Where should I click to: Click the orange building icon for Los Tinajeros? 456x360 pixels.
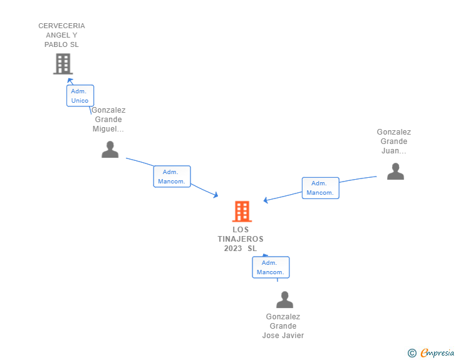(242, 212)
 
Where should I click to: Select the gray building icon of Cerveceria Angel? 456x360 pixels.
(62, 63)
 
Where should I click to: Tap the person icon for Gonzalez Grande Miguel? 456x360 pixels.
(110, 150)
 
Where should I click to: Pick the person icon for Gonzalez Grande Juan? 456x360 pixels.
(395, 171)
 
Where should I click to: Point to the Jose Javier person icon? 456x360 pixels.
(284, 300)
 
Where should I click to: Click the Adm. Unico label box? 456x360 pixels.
(80, 96)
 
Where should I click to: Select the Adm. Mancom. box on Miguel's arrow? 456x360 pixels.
(172, 177)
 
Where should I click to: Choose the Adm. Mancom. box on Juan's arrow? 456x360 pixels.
(320, 188)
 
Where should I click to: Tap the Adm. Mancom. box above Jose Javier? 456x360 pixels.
(271, 267)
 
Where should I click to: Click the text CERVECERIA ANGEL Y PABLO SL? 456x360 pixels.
(61, 35)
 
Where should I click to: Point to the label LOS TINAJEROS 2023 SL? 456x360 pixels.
(241, 239)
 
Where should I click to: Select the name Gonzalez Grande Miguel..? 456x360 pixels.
(108, 120)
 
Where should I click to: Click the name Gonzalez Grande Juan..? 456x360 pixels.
(394, 141)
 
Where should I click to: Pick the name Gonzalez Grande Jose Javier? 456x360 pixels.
(283, 326)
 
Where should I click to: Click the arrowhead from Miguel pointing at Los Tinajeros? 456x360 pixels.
(215, 196)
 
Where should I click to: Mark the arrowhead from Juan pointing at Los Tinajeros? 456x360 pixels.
(266, 200)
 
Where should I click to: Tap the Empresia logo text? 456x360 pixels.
(437, 353)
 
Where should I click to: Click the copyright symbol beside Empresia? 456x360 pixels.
(412, 353)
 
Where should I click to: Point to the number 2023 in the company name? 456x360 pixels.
(233, 249)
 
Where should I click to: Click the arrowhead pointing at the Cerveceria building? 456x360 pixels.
(70, 81)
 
